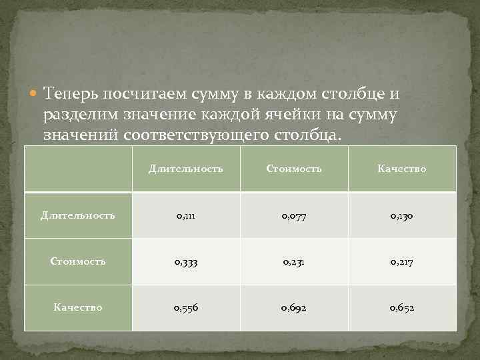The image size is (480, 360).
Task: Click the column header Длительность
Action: point(185,169)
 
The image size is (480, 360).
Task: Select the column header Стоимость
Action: point(294,169)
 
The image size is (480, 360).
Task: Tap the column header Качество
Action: point(401,169)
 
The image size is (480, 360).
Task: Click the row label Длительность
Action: point(78,215)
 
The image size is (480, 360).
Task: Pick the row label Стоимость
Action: point(78,261)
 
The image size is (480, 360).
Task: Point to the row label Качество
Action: point(78,307)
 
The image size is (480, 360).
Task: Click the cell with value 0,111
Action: point(185,215)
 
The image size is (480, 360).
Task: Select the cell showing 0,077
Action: point(294,215)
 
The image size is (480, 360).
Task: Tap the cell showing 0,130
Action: point(401,215)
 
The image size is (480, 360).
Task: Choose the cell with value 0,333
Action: point(185,261)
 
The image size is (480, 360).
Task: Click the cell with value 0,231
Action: point(294,261)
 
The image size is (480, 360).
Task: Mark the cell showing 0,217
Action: point(401,261)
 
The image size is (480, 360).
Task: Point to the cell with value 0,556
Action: point(185,307)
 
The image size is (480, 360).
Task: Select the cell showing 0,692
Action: point(294,307)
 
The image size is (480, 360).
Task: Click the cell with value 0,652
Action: point(401,307)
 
